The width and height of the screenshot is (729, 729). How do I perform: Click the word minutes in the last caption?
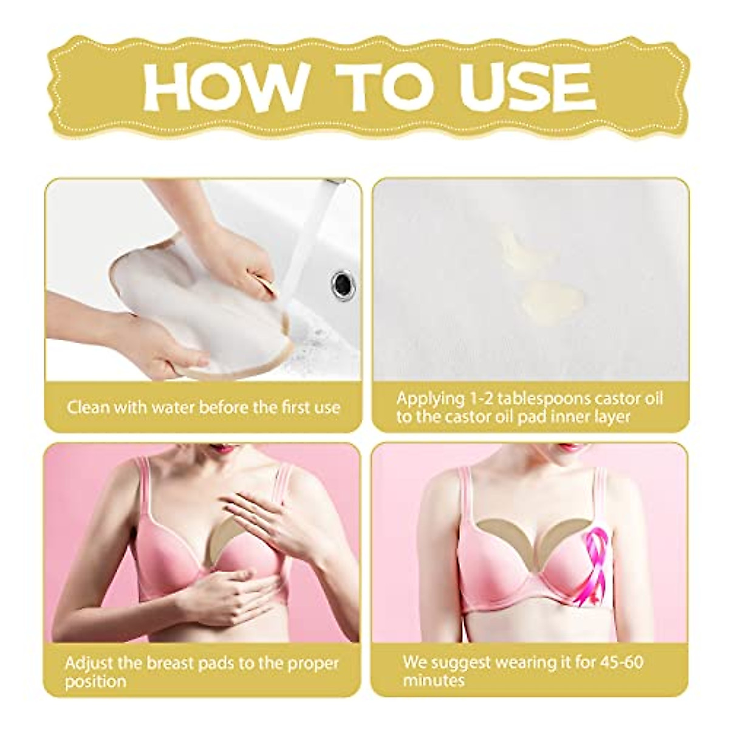click(x=433, y=680)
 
